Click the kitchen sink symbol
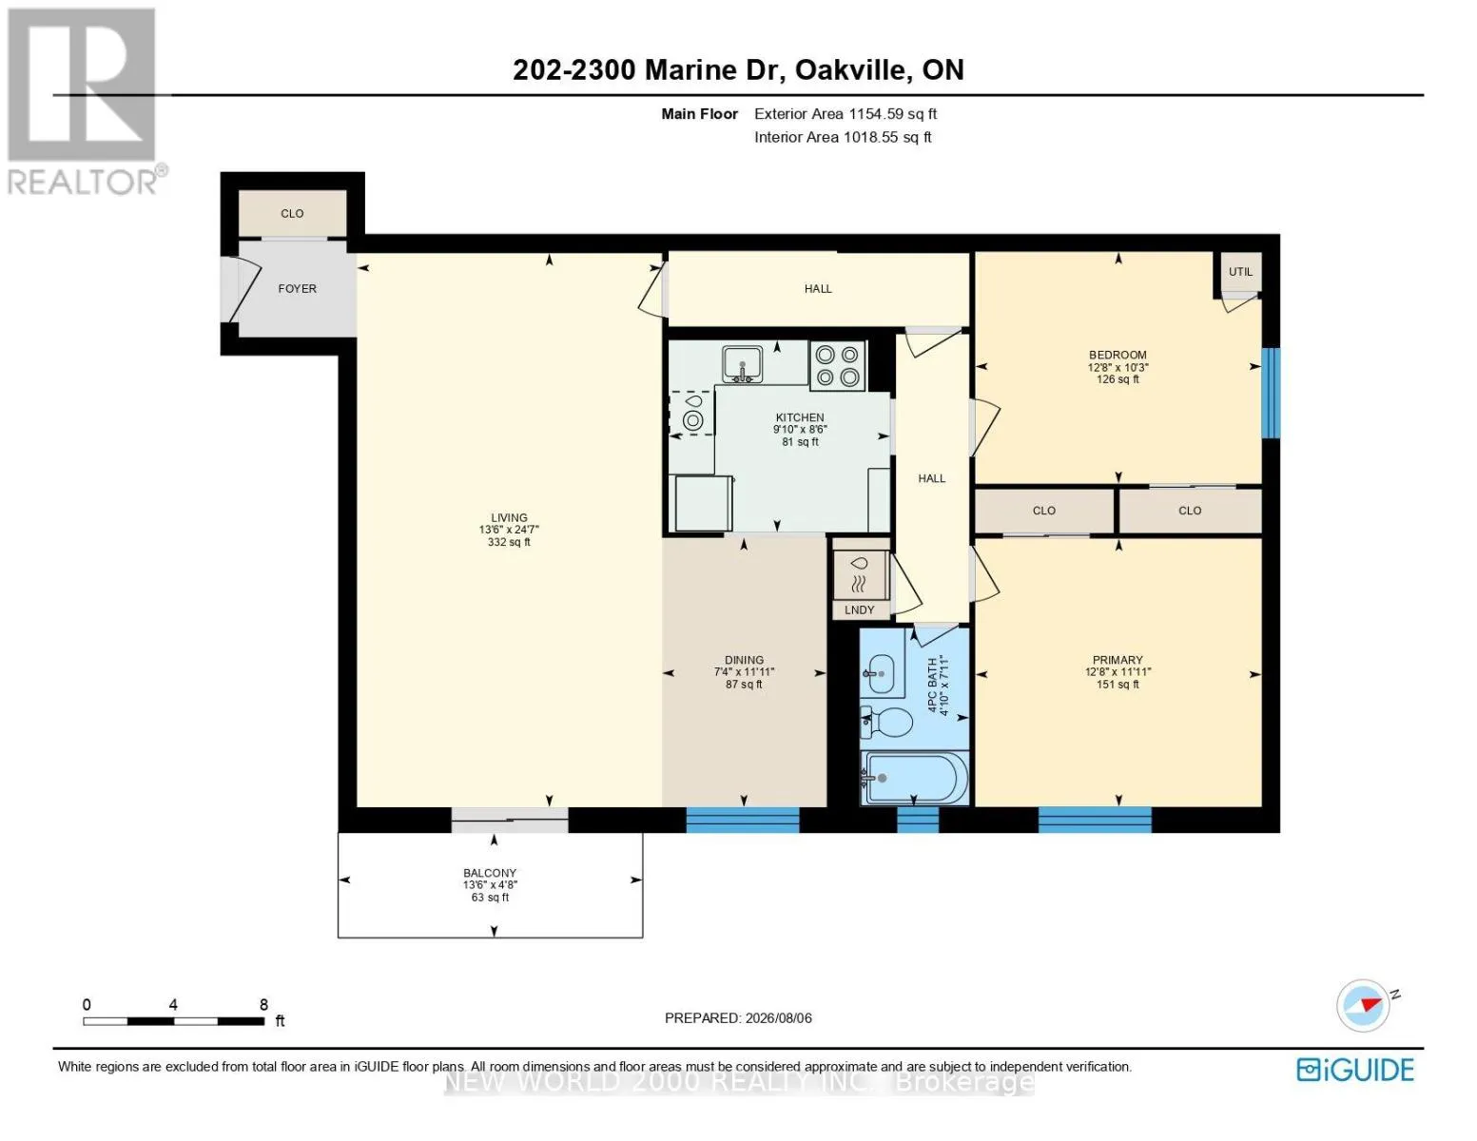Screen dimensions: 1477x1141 click(x=742, y=364)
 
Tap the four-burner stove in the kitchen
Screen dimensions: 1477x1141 click(x=837, y=366)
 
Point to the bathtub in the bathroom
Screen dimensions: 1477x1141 click(x=914, y=778)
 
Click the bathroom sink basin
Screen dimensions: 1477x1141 click(x=882, y=674)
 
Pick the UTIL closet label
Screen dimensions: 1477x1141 click(x=1240, y=271)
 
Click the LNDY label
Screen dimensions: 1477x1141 click(x=859, y=609)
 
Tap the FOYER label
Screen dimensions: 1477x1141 click(x=297, y=288)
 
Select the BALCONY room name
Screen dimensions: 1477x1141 click(x=490, y=873)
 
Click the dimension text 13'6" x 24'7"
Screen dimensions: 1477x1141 click(x=509, y=530)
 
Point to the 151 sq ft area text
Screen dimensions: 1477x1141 click(x=1117, y=684)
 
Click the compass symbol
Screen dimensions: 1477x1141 click(x=1362, y=1005)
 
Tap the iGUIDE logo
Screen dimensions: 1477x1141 click(x=1355, y=1070)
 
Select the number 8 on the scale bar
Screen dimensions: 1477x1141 click(x=263, y=1004)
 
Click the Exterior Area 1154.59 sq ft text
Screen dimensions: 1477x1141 click(x=845, y=113)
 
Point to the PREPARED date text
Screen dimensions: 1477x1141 click(x=738, y=1017)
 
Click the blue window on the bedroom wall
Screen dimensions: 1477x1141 click(x=1271, y=393)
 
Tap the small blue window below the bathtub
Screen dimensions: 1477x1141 click(x=918, y=820)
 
